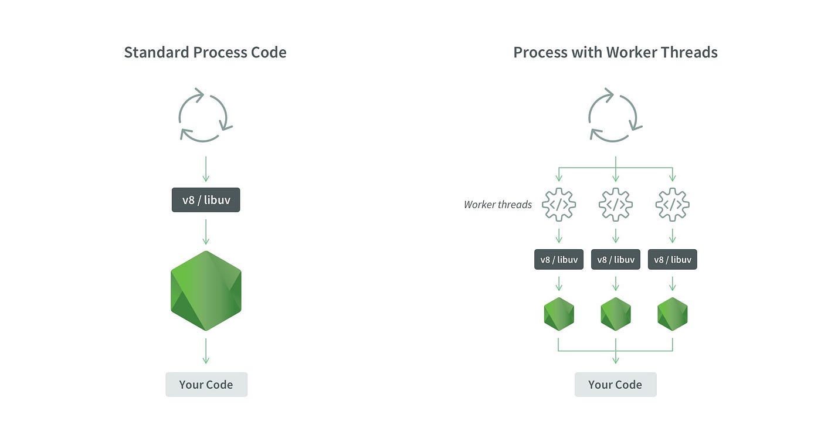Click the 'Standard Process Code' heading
pos(205,52)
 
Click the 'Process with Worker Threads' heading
pos(615,52)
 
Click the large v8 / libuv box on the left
pos(206,200)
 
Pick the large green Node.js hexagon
pos(206,290)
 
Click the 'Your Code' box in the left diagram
pos(206,385)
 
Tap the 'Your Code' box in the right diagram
pos(615,385)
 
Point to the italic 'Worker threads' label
pos(497,205)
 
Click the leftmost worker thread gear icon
pos(559,205)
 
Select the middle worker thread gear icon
pos(615,205)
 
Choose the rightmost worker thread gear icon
pos(672,205)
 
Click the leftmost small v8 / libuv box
pos(559,259)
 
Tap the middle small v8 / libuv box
pos(615,259)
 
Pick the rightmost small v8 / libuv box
pos(672,259)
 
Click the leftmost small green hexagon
pos(559,314)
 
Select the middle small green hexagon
pos(615,314)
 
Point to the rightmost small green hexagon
pos(672,314)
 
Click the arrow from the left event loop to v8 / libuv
pos(206,169)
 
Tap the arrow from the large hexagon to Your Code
pos(206,351)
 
